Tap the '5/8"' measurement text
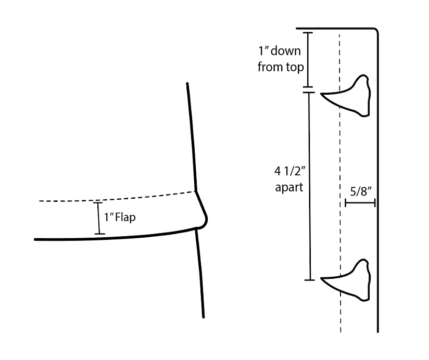(x=360, y=191)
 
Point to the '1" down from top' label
(x=281, y=59)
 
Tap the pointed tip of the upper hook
(x=322, y=95)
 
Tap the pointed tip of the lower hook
(x=322, y=279)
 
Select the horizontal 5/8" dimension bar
(x=360, y=203)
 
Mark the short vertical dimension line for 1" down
(x=309, y=60)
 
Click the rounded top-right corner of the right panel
(x=375, y=31)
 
